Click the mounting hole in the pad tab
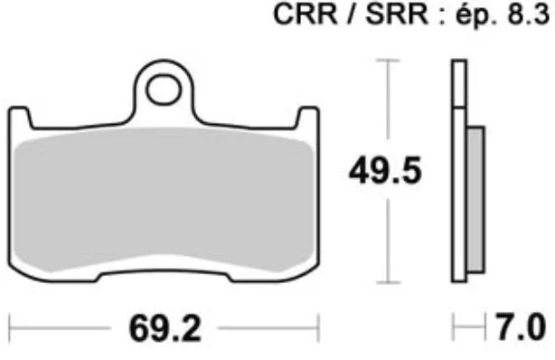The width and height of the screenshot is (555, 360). point(164,90)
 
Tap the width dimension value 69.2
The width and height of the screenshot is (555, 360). point(165,329)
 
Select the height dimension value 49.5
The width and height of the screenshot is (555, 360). point(385,171)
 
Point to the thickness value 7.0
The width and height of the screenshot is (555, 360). point(521,327)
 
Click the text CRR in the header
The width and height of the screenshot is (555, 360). point(306,14)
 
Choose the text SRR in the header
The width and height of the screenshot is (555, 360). point(397,14)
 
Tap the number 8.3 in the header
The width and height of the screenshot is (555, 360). point(528,14)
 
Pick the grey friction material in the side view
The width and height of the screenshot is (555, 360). point(475,200)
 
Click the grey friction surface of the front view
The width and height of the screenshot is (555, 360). point(164,199)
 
